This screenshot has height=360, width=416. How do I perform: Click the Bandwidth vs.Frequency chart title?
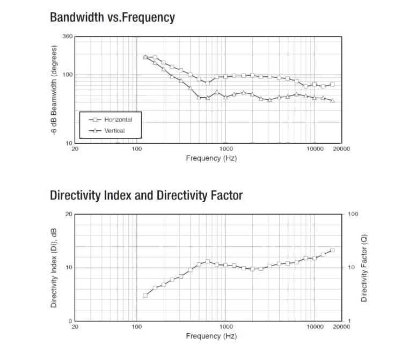[112, 17]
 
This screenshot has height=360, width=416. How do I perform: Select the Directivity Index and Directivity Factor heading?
[146, 195]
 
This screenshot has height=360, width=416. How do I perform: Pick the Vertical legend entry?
[114, 130]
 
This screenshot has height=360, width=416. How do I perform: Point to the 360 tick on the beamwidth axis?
[67, 36]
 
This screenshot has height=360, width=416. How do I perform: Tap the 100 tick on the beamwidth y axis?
[67, 75]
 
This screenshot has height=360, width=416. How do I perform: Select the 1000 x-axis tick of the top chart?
[225, 149]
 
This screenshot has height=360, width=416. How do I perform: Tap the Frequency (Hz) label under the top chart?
[211, 158]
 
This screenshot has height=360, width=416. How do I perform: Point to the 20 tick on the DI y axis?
[68, 214]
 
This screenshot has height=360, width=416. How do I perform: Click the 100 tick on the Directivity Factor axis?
[353, 214]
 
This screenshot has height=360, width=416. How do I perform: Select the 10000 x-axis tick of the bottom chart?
[315, 327]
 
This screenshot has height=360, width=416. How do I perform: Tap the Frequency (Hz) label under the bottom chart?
[211, 336]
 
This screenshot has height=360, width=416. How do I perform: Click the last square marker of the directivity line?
[332, 250]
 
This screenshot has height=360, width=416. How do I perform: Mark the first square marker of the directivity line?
[145, 295]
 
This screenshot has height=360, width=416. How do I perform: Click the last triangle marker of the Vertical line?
[332, 100]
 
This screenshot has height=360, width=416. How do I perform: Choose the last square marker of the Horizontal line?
[332, 84]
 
